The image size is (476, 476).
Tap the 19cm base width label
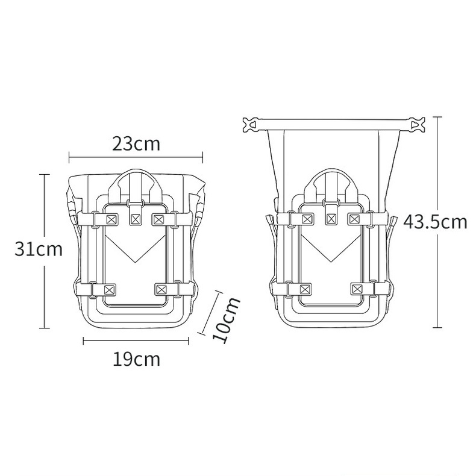(x=136, y=359)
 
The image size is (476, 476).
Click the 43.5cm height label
(x=435, y=222)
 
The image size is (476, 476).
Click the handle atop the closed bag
(x=136, y=178)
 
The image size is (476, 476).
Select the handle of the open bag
(x=330, y=180)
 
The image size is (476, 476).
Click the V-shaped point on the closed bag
(x=136, y=260)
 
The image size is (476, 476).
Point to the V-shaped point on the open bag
(x=330, y=260)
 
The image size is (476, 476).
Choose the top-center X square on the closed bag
(x=136, y=218)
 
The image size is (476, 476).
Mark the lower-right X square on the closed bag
(x=161, y=290)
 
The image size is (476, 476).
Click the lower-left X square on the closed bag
(x=110, y=290)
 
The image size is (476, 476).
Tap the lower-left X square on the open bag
(x=305, y=290)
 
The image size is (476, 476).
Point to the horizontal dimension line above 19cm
(x=136, y=341)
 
